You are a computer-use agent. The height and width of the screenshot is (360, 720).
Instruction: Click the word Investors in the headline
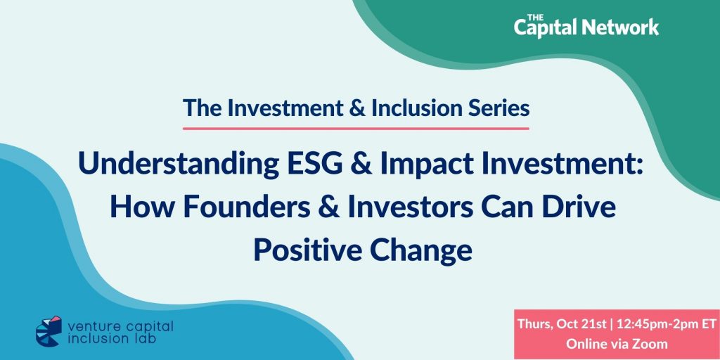click(410, 207)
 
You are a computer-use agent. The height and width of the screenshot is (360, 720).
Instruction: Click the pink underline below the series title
click(356, 129)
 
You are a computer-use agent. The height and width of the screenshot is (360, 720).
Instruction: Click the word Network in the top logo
click(620, 27)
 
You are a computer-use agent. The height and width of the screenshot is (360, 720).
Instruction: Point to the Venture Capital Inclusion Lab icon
click(49, 330)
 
